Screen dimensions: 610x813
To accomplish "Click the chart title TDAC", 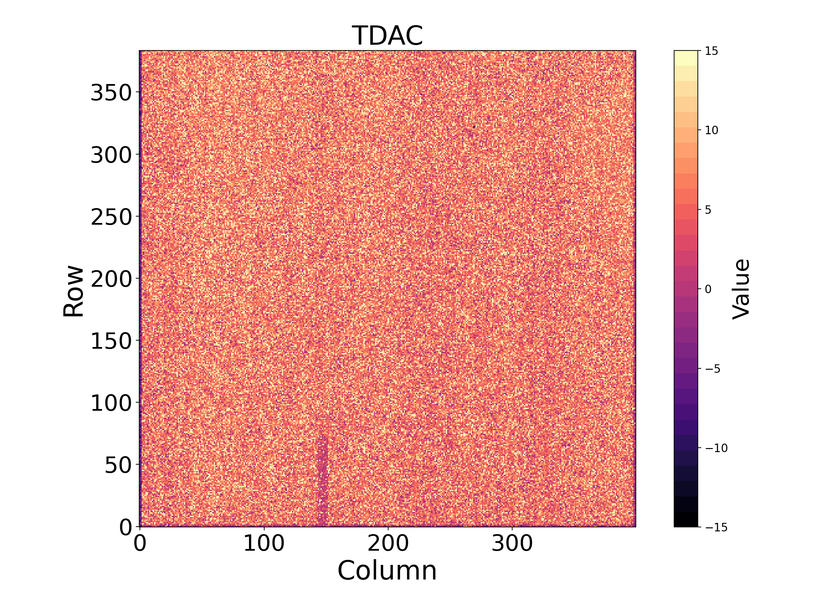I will pyautogui.click(x=388, y=36).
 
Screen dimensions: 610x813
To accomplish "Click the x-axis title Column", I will pyautogui.click(x=388, y=571).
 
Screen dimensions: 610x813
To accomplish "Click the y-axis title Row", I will pyautogui.click(x=74, y=290).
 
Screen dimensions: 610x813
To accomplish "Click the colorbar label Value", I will pyautogui.click(x=741, y=289).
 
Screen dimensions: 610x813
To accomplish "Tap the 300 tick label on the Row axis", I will pyautogui.click(x=111, y=155).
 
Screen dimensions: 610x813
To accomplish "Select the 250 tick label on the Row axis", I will pyautogui.click(x=111, y=217).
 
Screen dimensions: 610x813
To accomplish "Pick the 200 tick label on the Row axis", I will pyautogui.click(x=111, y=279).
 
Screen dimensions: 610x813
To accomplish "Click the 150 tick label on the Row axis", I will pyautogui.click(x=111, y=341).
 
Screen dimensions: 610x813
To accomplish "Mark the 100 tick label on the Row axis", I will pyautogui.click(x=111, y=403).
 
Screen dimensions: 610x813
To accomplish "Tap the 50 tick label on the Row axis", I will pyautogui.click(x=118, y=466).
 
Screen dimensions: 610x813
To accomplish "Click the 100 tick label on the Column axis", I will pyautogui.click(x=264, y=543).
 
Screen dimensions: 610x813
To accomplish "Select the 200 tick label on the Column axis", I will pyautogui.click(x=388, y=543).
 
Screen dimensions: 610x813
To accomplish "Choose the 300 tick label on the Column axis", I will pyautogui.click(x=512, y=543).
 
